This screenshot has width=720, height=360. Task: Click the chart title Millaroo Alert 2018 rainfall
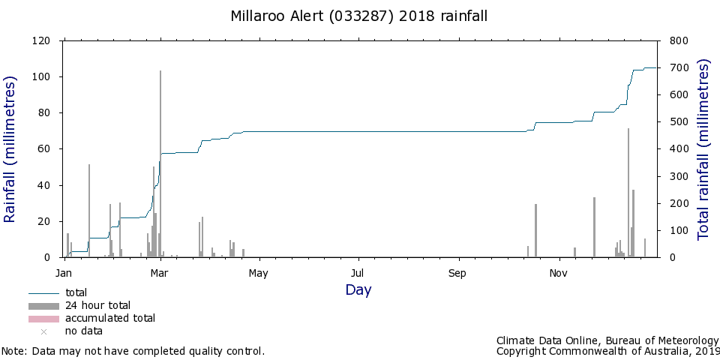click(x=358, y=16)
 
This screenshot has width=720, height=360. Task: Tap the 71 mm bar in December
click(x=628, y=193)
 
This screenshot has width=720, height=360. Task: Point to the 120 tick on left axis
click(x=41, y=40)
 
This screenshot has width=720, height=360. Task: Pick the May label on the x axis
click(x=258, y=274)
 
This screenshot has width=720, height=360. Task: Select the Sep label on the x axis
click(x=457, y=274)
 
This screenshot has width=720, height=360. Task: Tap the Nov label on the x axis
click(x=558, y=274)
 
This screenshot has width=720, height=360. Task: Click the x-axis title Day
click(x=358, y=290)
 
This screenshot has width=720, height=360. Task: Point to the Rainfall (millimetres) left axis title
click(x=10, y=149)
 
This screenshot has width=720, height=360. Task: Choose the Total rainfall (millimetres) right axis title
click(x=704, y=149)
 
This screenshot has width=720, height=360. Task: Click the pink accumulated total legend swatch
click(x=43, y=319)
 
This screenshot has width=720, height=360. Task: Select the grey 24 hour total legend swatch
click(x=43, y=306)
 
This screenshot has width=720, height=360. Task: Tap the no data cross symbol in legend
click(x=44, y=331)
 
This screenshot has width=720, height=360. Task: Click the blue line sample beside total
click(x=43, y=293)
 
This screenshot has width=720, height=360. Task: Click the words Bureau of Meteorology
click(x=661, y=340)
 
